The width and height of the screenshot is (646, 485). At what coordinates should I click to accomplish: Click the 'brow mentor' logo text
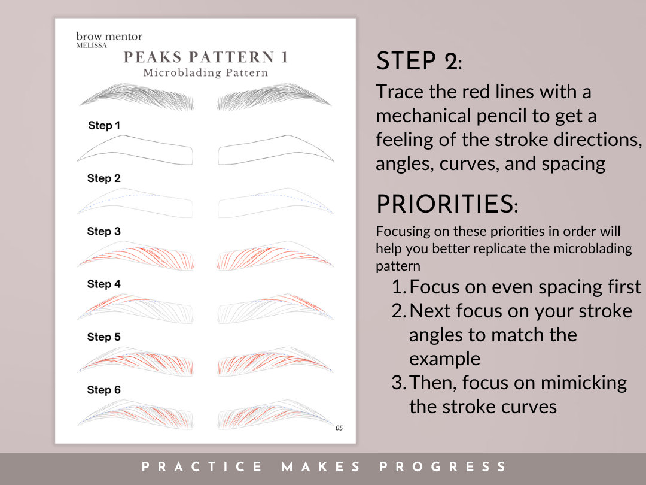109,37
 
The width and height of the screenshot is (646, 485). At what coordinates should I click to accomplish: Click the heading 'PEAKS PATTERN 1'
206,57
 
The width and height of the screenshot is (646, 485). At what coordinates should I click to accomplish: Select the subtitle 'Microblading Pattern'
205,73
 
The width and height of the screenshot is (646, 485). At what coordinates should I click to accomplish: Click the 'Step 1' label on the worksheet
104,125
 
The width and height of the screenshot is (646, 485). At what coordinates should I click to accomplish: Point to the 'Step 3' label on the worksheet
104,231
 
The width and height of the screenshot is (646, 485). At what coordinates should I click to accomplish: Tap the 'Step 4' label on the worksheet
104,284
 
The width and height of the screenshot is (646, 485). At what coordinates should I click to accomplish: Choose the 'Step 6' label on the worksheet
104,390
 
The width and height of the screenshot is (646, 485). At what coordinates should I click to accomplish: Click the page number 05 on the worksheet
339,428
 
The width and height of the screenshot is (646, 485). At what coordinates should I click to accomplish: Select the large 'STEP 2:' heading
418,61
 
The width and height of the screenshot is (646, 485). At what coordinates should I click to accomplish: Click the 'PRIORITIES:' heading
447,205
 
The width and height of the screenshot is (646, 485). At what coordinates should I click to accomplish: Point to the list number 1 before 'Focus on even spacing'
398,287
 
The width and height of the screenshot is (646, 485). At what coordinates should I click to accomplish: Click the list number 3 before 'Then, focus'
398,383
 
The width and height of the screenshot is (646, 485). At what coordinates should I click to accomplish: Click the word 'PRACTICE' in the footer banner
202,467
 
